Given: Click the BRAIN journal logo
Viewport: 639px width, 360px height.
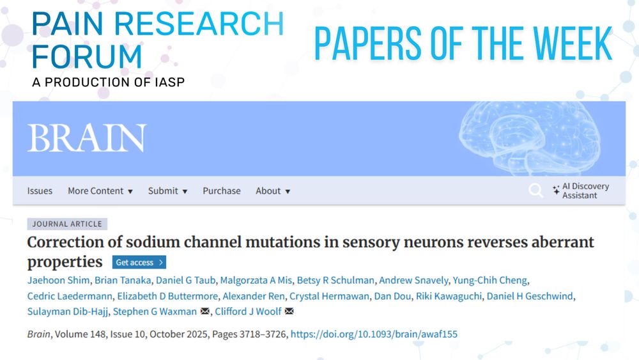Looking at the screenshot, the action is [87, 138].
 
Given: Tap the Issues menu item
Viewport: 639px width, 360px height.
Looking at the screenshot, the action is [40, 191].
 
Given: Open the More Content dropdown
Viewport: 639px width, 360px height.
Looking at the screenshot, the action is [100, 191].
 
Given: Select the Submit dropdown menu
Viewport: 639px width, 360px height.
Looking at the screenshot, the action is [167, 191].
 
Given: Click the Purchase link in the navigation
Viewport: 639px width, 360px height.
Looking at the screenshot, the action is [222, 191].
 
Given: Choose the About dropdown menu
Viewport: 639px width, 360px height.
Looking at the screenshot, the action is [273, 191].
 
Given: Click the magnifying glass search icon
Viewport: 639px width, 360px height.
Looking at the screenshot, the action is [535, 191].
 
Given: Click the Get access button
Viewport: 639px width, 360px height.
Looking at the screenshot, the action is [139, 262].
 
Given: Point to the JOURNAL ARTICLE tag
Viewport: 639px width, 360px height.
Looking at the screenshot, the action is [67, 224].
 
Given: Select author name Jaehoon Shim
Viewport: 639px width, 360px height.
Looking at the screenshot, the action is [58, 280].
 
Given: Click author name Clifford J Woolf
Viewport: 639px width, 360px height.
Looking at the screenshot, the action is [248, 311].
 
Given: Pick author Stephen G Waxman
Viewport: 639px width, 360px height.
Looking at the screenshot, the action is [155, 311].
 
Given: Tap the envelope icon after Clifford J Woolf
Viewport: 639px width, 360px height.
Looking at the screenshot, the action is [289, 311].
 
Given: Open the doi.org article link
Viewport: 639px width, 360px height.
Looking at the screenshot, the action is [374, 334].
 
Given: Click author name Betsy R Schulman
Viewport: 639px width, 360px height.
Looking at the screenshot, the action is [335, 280].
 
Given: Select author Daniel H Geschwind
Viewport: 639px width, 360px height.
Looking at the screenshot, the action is [530, 295].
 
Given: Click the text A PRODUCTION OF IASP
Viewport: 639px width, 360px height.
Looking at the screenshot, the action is [109, 82].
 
